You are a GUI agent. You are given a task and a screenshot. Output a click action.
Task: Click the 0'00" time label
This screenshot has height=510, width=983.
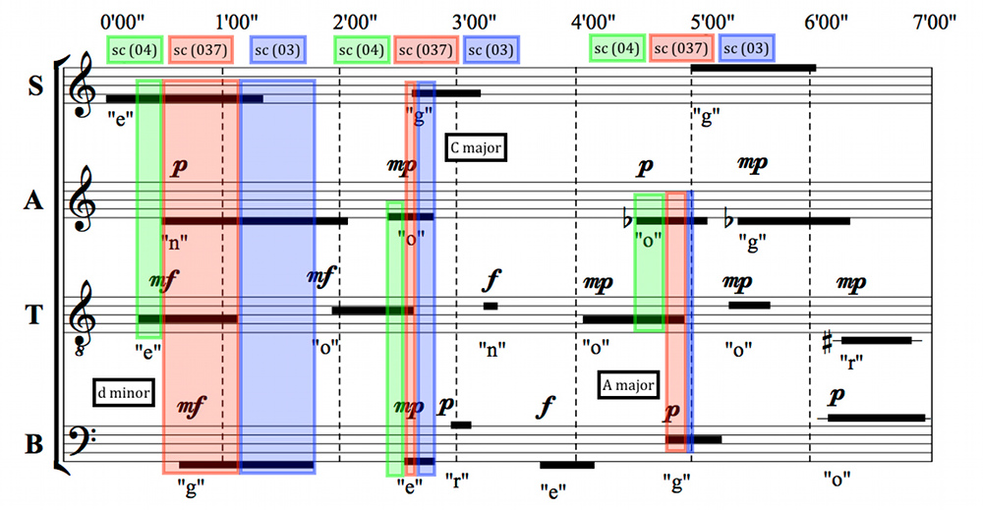pos(122,23)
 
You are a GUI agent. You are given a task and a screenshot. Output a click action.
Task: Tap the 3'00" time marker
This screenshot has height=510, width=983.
pos(475,23)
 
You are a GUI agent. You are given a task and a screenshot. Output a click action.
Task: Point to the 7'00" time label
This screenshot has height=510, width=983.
pos(935,23)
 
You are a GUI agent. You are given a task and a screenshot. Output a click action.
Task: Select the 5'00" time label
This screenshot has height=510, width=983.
pos(712,23)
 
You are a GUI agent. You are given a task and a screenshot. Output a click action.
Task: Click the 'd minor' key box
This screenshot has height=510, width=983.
pos(124,392)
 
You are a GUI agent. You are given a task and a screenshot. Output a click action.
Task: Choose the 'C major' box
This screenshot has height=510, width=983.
pos(476,147)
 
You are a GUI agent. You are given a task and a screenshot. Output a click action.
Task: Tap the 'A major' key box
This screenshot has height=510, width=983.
pos(628,384)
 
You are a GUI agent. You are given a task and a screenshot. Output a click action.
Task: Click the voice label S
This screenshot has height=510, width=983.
pos(35,85)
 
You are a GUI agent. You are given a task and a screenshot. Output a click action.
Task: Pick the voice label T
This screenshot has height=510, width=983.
pos(33,314)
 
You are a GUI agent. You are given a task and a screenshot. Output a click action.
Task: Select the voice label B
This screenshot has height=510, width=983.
pos(33,443)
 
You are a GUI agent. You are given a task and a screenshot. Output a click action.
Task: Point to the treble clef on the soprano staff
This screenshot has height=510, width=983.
pos(82,85)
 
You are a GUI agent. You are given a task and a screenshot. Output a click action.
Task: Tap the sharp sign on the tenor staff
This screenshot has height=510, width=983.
pos(827,342)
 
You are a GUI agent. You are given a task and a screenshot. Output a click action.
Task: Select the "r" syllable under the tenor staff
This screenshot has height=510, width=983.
pos(851,362)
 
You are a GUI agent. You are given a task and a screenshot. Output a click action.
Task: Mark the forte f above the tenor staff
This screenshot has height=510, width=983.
pos(491,280)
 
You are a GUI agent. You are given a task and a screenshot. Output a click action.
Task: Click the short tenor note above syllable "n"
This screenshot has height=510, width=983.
pos(491,306)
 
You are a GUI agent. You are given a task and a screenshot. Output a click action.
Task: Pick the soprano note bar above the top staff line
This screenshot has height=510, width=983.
pos(753,68)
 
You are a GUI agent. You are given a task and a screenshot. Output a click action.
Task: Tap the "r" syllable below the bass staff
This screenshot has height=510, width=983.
pos(457,481)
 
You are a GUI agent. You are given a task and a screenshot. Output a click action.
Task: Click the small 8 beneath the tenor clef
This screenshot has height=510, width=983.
pos(79,352)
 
